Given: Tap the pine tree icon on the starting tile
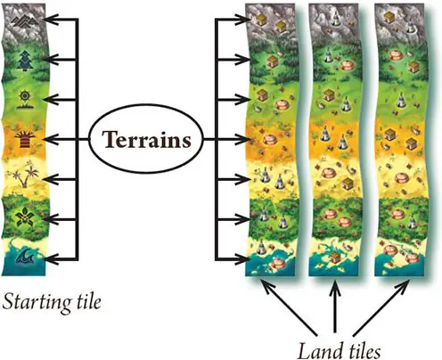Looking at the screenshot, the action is coord(26,60).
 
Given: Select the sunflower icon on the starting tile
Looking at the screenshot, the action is coord(24,100).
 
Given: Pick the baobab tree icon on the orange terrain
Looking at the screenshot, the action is coord(25,140).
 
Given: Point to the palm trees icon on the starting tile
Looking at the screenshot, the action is coord(25,176).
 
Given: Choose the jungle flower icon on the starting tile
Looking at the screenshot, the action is coord(25,217).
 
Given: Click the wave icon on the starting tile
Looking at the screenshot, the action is coord(25,258).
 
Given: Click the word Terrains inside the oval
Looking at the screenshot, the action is coord(146,140).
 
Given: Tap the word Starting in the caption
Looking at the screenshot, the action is coord(37,303).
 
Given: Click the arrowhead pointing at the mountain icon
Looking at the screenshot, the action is coord(51,20).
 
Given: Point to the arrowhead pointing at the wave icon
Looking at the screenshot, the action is coord(53,259).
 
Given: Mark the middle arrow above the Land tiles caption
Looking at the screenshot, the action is coord(335,307).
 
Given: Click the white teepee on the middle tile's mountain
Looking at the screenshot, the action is coord(336,19).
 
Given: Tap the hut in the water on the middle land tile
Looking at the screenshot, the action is coord(335,258).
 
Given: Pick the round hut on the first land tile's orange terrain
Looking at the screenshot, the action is coord(269,140).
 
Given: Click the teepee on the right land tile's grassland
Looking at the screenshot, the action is coord(401,100).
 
